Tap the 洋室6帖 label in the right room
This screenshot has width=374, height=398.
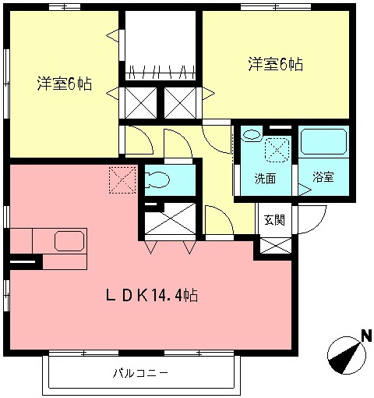(x=275, y=66)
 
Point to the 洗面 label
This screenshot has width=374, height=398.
(x=265, y=178)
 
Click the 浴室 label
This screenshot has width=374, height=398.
(x=323, y=177)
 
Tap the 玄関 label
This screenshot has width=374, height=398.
(x=273, y=219)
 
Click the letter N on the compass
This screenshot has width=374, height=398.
(x=364, y=337)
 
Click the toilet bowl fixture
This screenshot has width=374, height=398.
(x=157, y=180)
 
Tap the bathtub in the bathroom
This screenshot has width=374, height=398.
(x=324, y=141)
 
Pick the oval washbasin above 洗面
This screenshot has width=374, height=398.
(x=251, y=136)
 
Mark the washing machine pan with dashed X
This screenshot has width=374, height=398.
(x=277, y=147)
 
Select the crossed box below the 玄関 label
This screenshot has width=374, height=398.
(x=276, y=246)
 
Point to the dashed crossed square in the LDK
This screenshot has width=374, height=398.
(x=122, y=179)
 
